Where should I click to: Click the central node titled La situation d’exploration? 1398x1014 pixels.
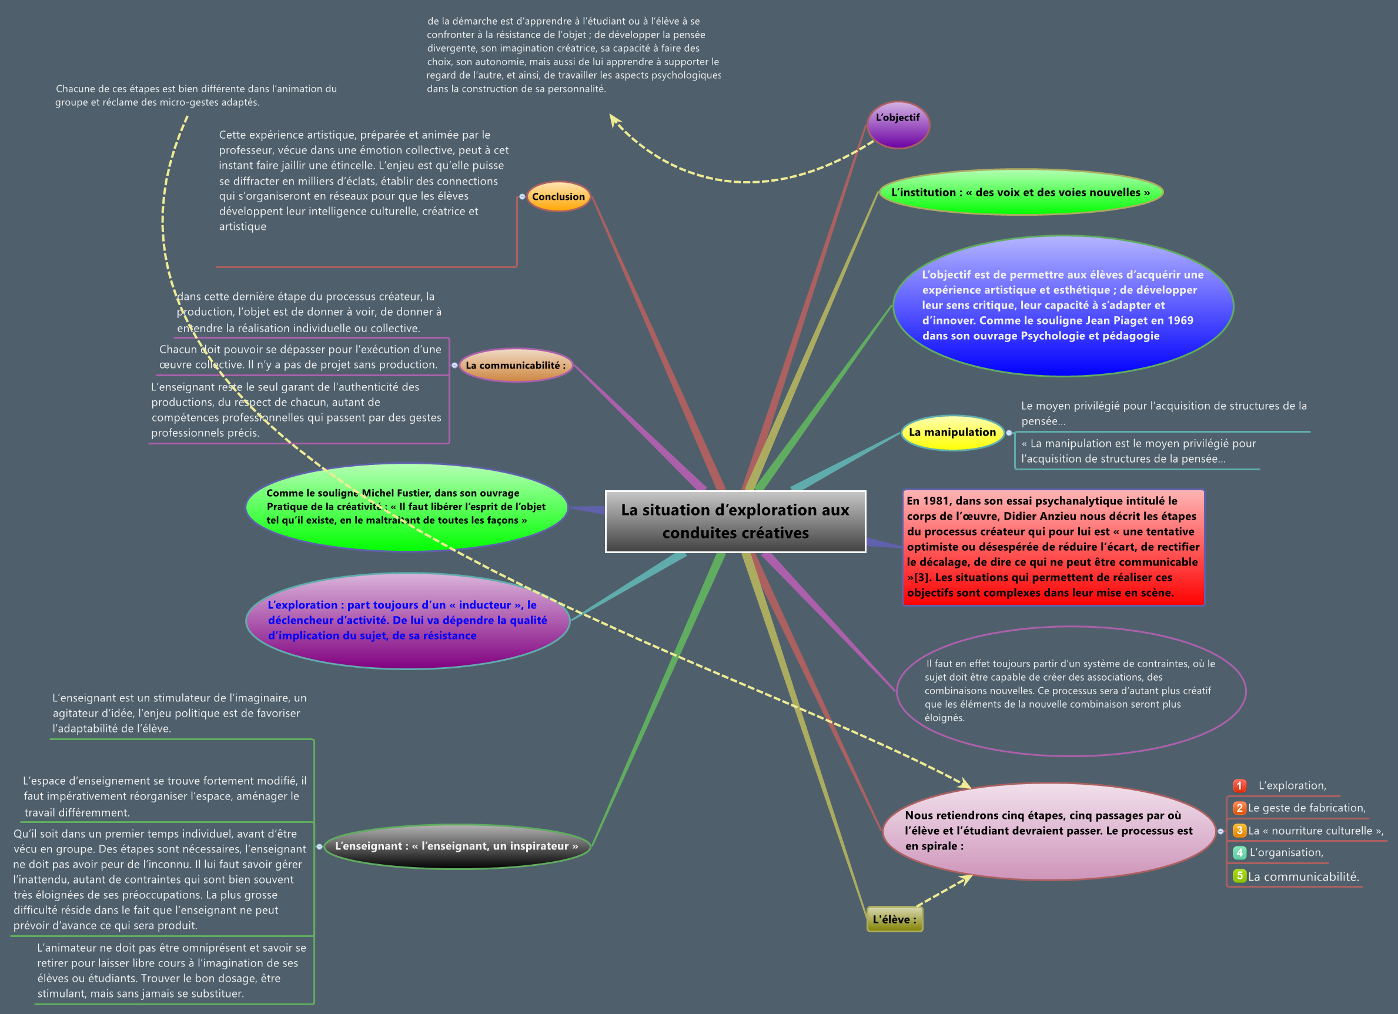pyautogui.click(x=735, y=521)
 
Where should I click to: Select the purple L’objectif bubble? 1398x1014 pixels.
pyautogui.click(x=898, y=124)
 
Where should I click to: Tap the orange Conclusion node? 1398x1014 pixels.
pyautogui.click(x=558, y=197)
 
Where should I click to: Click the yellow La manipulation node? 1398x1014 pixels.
pyautogui.click(x=952, y=432)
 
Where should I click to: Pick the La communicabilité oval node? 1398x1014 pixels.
pyautogui.click(x=516, y=365)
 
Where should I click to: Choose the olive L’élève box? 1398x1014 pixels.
pyautogui.click(x=894, y=919)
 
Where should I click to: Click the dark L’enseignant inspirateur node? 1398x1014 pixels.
pyautogui.click(x=456, y=846)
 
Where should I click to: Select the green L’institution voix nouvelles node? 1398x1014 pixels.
pyautogui.click(x=1020, y=192)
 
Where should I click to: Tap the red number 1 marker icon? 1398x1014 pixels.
pyautogui.click(x=1239, y=785)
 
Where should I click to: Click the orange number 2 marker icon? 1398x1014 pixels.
pyautogui.click(x=1239, y=808)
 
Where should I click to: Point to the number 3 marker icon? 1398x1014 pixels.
pyautogui.click(x=1239, y=831)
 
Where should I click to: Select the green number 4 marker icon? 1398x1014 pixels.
pyautogui.click(x=1239, y=852)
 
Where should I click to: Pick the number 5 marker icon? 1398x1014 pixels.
pyautogui.click(x=1239, y=875)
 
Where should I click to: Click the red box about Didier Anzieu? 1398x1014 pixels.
pyautogui.click(x=1053, y=547)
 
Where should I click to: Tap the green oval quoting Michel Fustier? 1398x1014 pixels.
pyautogui.click(x=406, y=507)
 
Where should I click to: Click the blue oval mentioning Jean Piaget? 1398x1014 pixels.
pyautogui.click(x=1063, y=306)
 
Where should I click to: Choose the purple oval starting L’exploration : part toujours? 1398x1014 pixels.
pyautogui.click(x=407, y=621)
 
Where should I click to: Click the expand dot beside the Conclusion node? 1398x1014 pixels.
pyautogui.click(x=522, y=197)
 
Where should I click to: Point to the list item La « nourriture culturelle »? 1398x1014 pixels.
pyautogui.click(x=1316, y=831)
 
